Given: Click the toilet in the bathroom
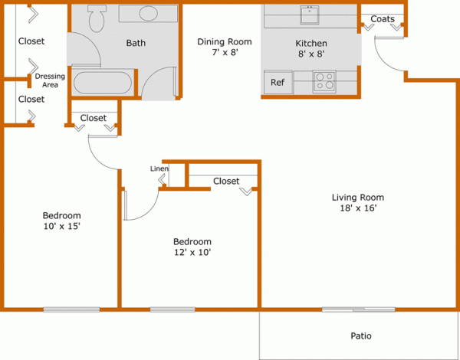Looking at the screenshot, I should [96, 18].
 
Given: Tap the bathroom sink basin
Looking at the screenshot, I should [147, 14].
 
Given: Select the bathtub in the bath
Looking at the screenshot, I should [103, 83].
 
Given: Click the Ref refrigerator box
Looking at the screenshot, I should [277, 82].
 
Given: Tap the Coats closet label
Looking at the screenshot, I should [383, 18].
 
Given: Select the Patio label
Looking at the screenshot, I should [361, 336].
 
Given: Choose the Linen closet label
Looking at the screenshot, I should [159, 169].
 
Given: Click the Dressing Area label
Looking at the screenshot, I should [49, 80].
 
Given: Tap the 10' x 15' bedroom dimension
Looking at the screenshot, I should [61, 226].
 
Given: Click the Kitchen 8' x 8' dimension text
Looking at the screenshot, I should [310, 55].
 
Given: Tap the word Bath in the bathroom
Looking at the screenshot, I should [136, 43].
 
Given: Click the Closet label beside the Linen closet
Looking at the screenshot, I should [226, 182].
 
